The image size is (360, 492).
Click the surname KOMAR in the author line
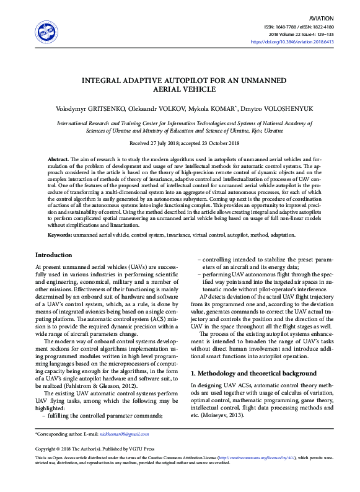pos(219,108)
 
